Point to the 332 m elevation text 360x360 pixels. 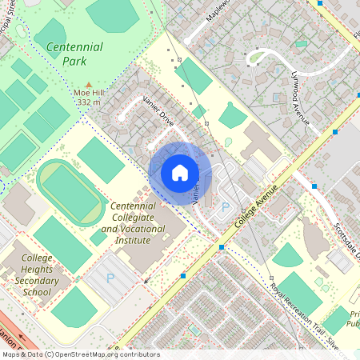(89, 102)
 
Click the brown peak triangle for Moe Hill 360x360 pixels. (89, 83)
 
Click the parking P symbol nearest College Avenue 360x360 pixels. (225, 206)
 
